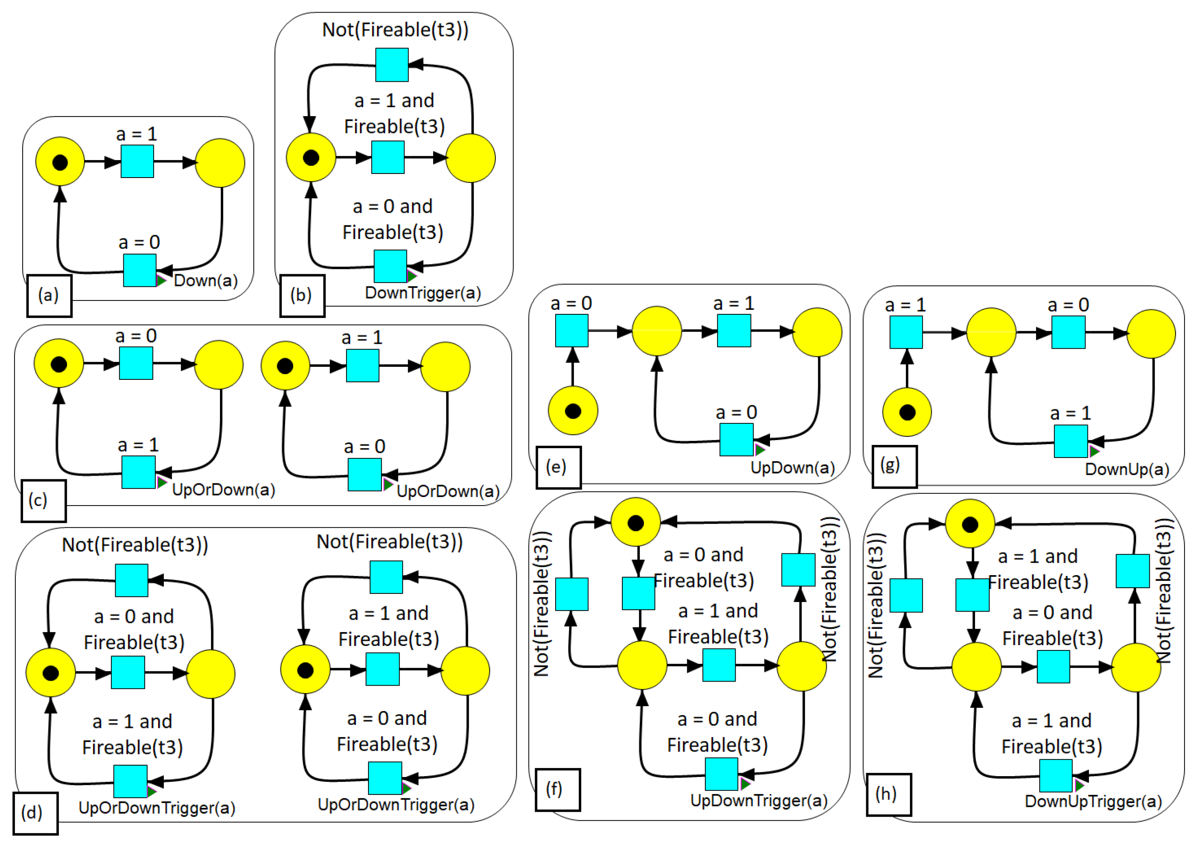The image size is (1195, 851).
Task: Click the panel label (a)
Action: click(x=49, y=296)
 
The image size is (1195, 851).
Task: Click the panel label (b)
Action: click(x=301, y=296)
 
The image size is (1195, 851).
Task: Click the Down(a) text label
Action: click(x=205, y=281)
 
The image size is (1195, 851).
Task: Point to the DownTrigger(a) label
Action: click(x=422, y=293)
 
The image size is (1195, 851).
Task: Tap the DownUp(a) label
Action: click(x=1126, y=469)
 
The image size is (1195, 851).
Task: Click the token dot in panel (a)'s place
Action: click(x=60, y=163)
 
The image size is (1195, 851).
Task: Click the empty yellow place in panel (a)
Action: click(x=220, y=163)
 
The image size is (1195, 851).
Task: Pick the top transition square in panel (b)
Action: click(x=391, y=65)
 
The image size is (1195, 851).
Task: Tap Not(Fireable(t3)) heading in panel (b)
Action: click(x=395, y=30)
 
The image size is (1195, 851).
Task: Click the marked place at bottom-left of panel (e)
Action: click(x=573, y=411)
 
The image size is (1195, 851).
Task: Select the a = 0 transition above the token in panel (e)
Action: click(x=571, y=331)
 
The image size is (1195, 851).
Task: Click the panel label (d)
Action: click(x=32, y=813)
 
